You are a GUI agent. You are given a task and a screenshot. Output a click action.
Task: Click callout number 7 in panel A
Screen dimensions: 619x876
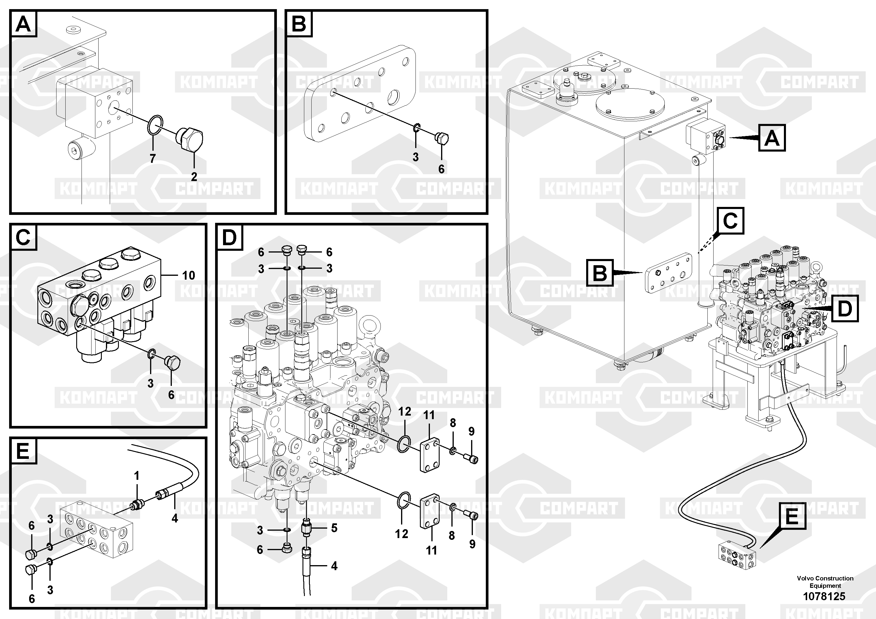[153, 158]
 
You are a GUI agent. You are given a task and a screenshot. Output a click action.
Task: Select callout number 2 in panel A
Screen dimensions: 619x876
[194, 177]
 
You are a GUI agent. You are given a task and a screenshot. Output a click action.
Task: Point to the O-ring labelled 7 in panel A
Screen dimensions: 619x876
[155, 125]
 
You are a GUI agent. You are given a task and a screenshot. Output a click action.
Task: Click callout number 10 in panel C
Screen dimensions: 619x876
[189, 275]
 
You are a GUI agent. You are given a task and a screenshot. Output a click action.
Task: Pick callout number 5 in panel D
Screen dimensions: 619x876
[334, 528]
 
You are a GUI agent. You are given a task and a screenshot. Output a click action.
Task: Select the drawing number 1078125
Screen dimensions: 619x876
[824, 596]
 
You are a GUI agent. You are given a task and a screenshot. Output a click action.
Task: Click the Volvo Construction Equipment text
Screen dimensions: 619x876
[825, 582]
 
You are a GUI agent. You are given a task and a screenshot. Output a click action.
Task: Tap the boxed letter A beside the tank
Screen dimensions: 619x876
[772, 138]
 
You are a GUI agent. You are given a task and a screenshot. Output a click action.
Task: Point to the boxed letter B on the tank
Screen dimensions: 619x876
[600, 273]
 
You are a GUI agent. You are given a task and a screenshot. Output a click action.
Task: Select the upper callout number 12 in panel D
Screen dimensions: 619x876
[405, 411]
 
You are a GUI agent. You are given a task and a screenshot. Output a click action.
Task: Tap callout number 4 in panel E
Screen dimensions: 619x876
[175, 518]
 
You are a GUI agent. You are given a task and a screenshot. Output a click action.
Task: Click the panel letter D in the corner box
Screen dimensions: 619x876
[229, 238]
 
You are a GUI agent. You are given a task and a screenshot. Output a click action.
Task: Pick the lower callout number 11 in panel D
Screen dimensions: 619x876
[431, 550]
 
